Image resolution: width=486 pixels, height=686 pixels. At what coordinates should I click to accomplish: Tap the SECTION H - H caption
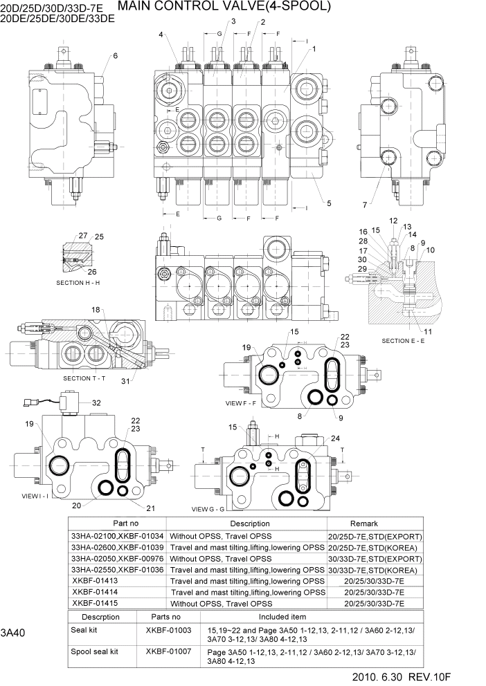point(78,284)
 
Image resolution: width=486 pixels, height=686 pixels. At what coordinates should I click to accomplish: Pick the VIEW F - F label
point(240,402)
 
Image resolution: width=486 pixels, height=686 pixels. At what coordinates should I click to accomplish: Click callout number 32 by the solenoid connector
point(96,403)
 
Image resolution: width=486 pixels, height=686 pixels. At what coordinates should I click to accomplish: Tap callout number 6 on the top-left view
point(115,56)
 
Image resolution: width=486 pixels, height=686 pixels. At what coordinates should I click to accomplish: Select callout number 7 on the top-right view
point(364,204)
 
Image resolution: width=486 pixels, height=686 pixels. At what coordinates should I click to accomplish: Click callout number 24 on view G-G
point(335,438)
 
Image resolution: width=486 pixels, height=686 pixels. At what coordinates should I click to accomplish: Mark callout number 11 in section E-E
point(429,332)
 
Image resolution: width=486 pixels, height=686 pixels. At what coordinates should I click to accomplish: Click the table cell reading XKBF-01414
point(95,592)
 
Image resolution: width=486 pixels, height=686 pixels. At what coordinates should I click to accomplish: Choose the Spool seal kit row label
point(95,651)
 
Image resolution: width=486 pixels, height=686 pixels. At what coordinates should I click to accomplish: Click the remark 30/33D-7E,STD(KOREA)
point(374,570)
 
